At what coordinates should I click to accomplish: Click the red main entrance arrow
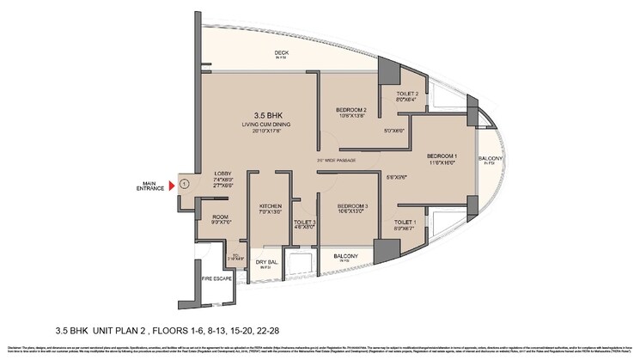click(x=172, y=184)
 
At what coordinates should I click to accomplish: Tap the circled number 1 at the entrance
click(x=183, y=183)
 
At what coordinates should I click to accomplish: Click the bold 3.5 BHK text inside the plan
click(x=270, y=114)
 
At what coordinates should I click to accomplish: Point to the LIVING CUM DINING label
click(x=270, y=125)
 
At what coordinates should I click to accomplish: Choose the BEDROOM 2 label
click(x=351, y=110)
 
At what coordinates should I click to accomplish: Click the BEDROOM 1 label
click(x=444, y=156)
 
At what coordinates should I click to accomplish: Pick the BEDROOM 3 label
click(x=351, y=205)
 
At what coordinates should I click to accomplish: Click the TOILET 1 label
click(x=405, y=223)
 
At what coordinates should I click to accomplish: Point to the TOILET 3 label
click(x=304, y=222)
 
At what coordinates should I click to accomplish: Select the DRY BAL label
click(x=265, y=261)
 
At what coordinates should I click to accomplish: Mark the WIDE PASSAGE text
click(x=340, y=160)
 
